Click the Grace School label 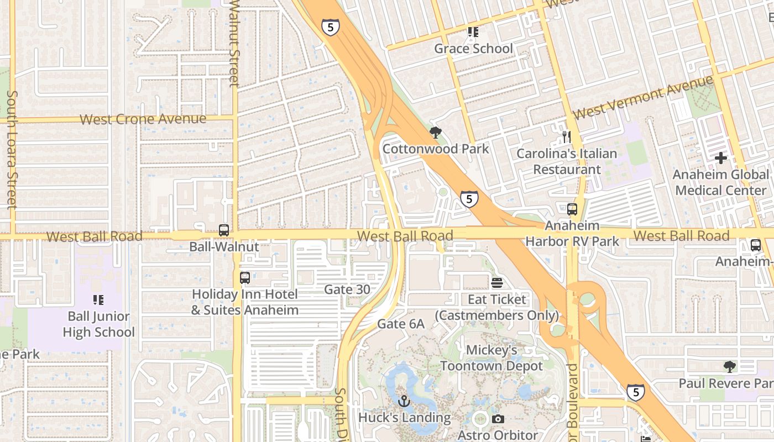[473, 49]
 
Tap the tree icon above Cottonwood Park [436, 133]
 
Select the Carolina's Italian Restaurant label [567, 161]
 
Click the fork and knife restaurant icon [566, 137]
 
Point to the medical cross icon [721, 159]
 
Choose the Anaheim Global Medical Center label [721, 183]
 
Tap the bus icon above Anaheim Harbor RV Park [572, 209]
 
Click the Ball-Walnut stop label [224, 246]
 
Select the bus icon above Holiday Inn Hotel [245, 278]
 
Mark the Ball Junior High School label [98, 324]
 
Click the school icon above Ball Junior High [98, 300]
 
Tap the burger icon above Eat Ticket [497, 283]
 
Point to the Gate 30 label [347, 289]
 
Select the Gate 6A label [401, 324]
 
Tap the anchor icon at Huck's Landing [404, 401]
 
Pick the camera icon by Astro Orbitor [498, 419]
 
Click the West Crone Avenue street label [143, 119]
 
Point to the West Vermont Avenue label [644, 98]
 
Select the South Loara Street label [12, 149]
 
